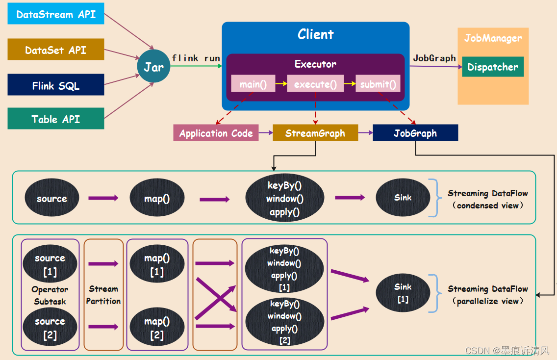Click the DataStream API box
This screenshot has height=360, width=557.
click(x=55, y=14)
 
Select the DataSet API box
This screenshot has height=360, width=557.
click(x=55, y=50)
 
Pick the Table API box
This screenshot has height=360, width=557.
click(x=55, y=119)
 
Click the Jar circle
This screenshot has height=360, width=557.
click(x=153, y=66)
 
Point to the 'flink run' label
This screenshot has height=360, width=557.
click(x=196, y=58)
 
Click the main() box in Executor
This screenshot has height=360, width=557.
click(x=253, y=84)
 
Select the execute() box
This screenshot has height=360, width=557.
click(x=315, y=84)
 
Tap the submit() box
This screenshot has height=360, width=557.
click(x=378, y=84)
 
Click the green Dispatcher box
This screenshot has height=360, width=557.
click(x=492, y=67)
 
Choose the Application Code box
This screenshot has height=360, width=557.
click(x=216, y=133)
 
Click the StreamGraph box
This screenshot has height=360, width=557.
click(x=315, y=133)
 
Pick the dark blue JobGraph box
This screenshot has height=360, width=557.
click(x=415, y=133)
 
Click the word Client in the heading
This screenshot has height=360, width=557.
click(x=315, y=34)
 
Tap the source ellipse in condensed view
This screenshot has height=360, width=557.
click(x=51, y=198)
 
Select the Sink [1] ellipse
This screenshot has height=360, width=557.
click(x=403, y=292)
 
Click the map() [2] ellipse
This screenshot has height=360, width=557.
click(x=157, y=328)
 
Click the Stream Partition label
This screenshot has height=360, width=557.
click(x=103, y=295)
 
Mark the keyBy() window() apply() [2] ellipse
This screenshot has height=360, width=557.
click(x=284, y=322)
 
